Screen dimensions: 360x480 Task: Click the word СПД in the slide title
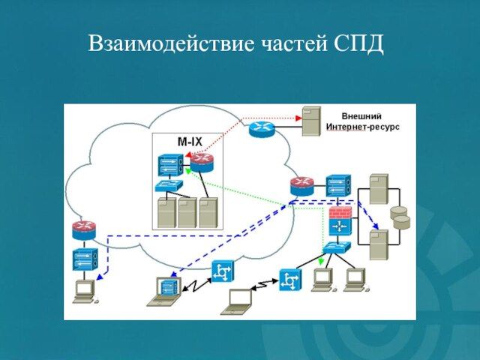356,43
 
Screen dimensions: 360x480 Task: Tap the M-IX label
189,140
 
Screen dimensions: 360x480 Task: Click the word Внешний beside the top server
361,117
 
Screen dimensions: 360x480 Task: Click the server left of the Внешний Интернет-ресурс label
310,121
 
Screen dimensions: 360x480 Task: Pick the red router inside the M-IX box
200,161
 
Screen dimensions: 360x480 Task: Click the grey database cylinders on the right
401,217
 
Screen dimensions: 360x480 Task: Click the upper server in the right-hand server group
379,189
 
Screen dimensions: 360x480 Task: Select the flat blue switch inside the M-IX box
169,186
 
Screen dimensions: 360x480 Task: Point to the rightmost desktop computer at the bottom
354,279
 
